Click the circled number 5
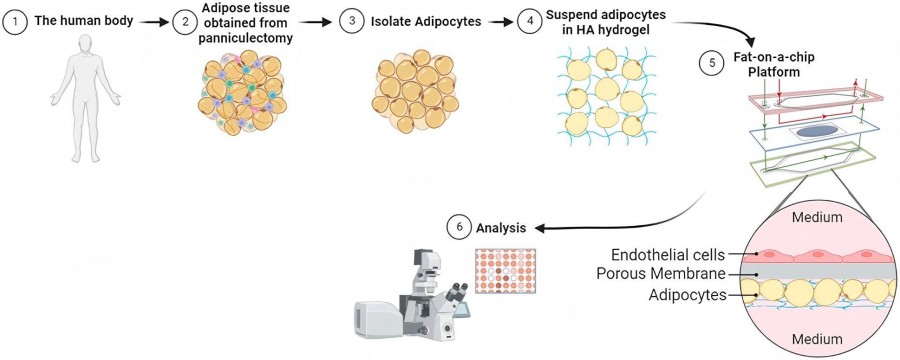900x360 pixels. (711, 62)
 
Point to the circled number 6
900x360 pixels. (457, 227)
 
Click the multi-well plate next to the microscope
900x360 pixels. (504, 270)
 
